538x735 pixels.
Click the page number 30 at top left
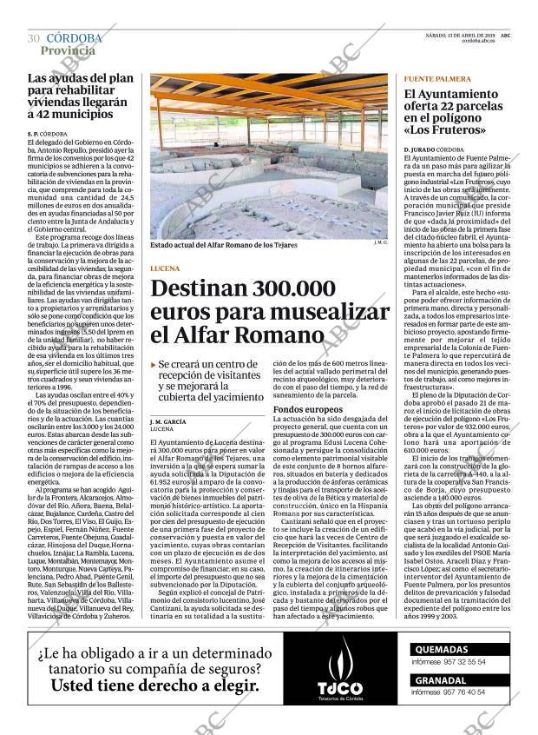[33, 38]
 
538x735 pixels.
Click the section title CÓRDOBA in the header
[74, 38]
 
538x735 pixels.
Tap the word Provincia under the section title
[68, 50]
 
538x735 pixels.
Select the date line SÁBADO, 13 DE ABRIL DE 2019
[459, 34]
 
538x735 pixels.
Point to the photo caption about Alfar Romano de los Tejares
[224, 245]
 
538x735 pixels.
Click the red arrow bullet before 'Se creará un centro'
[154, 364]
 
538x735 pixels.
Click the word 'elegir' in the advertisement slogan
[233, 685]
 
